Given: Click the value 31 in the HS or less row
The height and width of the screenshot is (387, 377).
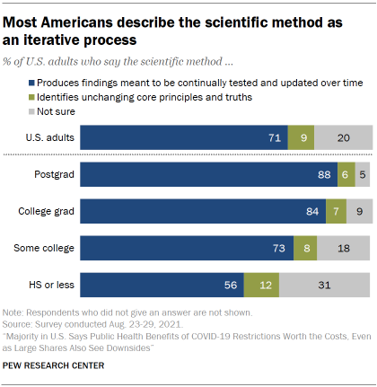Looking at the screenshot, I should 326,285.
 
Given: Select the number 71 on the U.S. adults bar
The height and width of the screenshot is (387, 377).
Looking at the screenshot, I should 275,137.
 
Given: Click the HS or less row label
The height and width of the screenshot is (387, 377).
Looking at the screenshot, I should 48,285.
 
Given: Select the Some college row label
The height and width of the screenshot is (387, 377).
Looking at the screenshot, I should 43,248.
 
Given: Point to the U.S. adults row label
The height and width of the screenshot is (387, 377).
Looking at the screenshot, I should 46,137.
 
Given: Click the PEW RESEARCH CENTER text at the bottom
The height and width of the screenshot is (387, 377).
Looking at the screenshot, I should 53,365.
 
